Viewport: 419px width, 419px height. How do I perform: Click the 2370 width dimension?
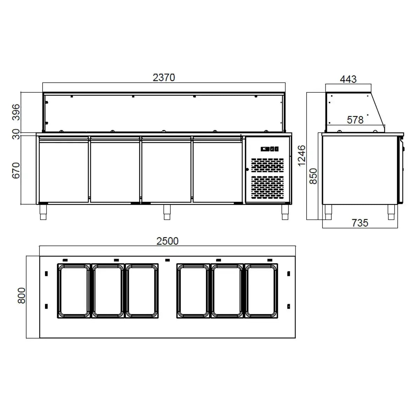click(x=164, y=77)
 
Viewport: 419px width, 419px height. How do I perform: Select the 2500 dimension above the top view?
click(x=168, y=241)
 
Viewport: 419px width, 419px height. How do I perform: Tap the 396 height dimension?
click(x=16, y=112)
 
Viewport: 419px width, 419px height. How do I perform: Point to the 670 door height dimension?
click(x=16, y=170)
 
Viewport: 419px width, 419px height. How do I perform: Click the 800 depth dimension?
click(x=22, y=295)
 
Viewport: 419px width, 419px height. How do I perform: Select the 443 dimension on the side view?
click(x=348, y=79)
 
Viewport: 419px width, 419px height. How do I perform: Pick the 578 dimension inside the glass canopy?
click(x=355, y=120)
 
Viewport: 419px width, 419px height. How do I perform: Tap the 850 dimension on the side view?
click(x=313, y=176)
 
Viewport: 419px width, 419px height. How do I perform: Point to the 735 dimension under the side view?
click(x=360, y=223)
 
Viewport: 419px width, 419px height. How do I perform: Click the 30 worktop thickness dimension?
click(x=16, y=134)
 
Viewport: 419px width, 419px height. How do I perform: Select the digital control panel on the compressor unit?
click(x=270, y=149)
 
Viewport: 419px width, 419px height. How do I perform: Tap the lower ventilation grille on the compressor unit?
click(x=268, y=186)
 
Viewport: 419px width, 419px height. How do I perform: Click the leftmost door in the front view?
click(x=63, y=169)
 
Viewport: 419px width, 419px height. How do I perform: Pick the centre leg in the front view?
click(x=167, y=212)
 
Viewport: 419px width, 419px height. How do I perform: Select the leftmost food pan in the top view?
click(x=74, y=291)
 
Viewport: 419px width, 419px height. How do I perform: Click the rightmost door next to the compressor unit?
click(x=218, y=169)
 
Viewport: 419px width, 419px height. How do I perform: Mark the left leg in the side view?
click(x=328, y=212)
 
